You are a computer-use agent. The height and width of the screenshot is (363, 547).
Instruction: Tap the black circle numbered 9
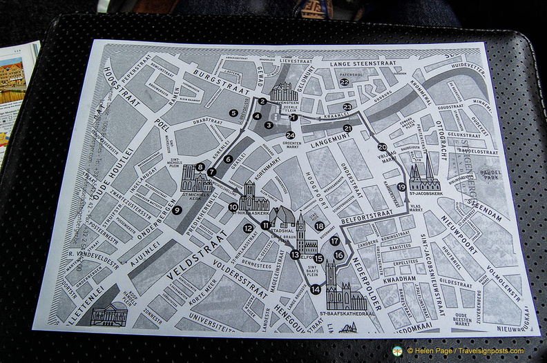tap(177, 210)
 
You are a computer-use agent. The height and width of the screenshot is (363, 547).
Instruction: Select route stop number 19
tap(402, 187)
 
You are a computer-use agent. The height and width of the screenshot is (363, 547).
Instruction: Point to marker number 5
tap(234, 112)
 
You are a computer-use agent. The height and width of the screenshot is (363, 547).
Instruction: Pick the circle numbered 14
tap(316, 289)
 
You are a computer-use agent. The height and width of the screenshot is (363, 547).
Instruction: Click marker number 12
tap(248, 228)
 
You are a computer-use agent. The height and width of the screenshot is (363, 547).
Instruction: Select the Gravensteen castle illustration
tap(284, 92)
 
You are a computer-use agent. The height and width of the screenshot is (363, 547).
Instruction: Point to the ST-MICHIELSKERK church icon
tap(197, 181)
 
